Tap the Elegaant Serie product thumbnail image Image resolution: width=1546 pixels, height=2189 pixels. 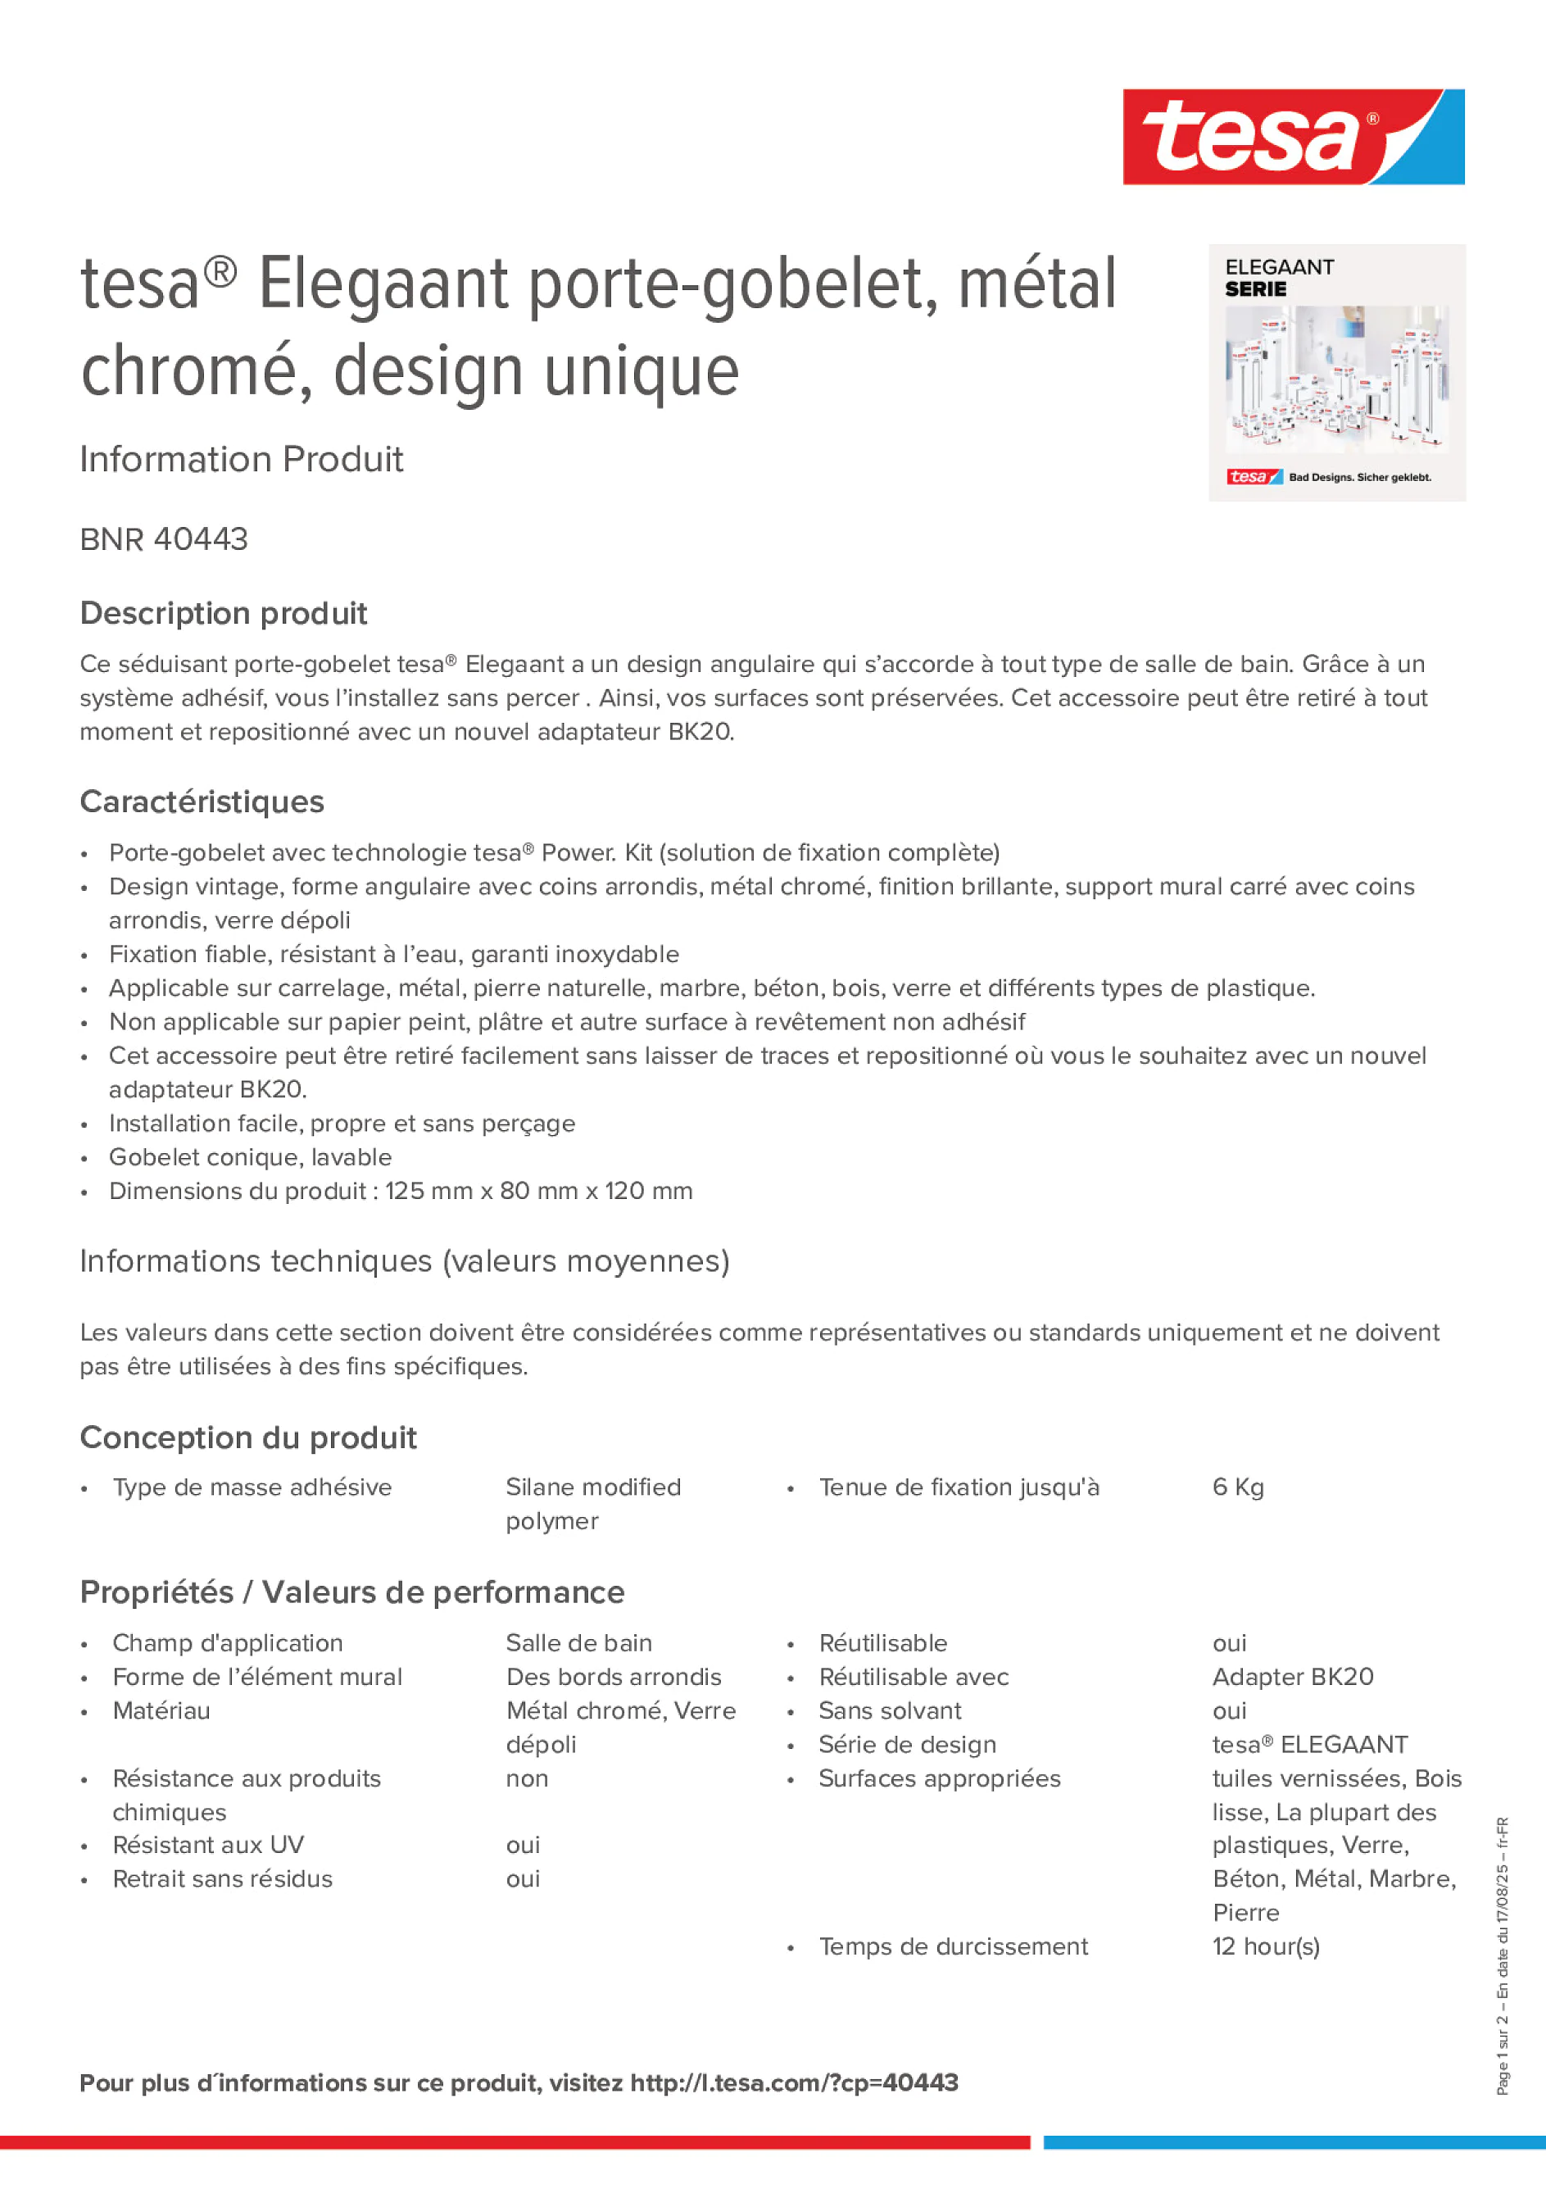1336,373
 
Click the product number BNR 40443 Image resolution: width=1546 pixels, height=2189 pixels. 164,539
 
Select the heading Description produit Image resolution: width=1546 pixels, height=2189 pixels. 223,613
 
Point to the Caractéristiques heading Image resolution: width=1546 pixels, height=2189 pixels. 202,802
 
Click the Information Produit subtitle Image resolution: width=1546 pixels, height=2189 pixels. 241,460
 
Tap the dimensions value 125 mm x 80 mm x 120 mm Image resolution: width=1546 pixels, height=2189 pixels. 538,1191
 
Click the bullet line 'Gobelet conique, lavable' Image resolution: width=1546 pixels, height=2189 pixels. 250,1157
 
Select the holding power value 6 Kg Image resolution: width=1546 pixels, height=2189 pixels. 1237,1487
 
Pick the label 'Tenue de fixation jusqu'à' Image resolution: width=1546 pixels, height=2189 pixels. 959,1487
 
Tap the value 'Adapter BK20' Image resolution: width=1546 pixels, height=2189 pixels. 1293,1677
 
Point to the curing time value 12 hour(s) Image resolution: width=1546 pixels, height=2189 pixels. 1266,1947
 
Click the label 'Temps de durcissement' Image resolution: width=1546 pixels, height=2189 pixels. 953,1947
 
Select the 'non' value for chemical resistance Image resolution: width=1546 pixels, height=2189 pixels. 527,1778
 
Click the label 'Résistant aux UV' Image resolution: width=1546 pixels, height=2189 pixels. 208,1845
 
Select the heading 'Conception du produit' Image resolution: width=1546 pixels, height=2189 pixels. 247,1437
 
